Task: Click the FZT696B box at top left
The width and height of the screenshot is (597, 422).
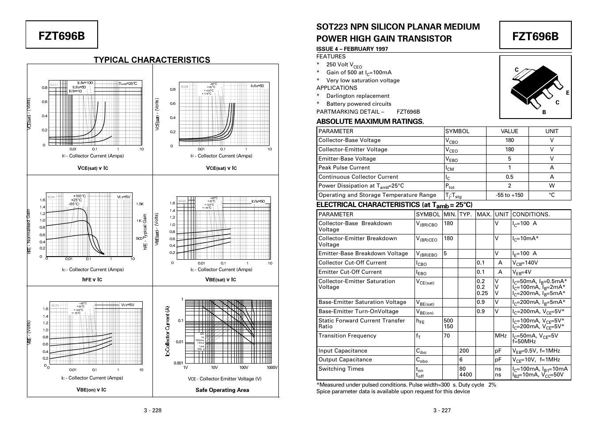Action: pyautogui.click(x=61, y=35)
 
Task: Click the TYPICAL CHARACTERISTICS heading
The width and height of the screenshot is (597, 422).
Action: pyautogui.click(x=152, y=60)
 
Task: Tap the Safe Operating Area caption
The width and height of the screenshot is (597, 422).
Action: pyautogui.click(x=222, y=390)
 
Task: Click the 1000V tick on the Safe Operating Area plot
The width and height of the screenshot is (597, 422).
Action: pyautogui.click(x=272, y=368)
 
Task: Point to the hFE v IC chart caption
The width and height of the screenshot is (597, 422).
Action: pyautogui.click(x=92, y=280)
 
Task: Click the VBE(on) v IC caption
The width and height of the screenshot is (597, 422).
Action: pyautogui.click(x=91, y=390)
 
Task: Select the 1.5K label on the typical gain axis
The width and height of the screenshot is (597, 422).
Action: pyautogui.click(x=140, y=204)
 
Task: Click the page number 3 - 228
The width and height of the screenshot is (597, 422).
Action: pyautogui.click(x=153, y=410)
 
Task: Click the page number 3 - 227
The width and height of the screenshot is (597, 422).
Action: pyautogui.click(x=442, y=410)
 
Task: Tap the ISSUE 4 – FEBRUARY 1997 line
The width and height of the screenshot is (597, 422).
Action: pyautogui.click(x=352, y=49)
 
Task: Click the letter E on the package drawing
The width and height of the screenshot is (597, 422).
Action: pyautogui.click(x=567, y=93)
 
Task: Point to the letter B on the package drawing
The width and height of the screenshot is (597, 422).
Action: pyautogui.click(x=544, y=112)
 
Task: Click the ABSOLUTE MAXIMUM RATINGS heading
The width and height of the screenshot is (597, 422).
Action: pyautogui.click(x=370, y=122)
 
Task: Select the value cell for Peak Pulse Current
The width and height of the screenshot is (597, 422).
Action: pyautogui.click(x=509, y=168)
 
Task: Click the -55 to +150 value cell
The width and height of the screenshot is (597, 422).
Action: pyautogui.click(x=509, y=195)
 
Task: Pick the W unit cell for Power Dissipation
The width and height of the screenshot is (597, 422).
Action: pyautogui.click(x=551, y=186)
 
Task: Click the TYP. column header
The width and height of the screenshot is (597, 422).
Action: pyautogui.click(x=465, y=215)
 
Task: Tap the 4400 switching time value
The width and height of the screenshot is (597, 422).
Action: pyautogui.click(x=466, y=375)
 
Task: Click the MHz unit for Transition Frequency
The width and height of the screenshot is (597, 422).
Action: pyautogui.click(x=501, y=336)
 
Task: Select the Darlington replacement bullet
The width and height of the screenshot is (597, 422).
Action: pyautogui.click(x=357, y=96)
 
